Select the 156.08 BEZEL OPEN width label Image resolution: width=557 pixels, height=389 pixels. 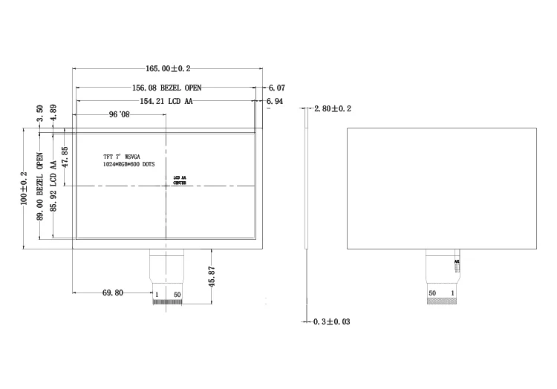point(166,87)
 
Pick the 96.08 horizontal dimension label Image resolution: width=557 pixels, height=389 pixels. point(119,115)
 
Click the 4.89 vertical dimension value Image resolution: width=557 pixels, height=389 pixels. point(53,112)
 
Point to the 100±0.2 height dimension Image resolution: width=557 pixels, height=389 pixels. point(24,188)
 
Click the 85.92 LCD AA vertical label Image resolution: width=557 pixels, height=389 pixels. point(53,186)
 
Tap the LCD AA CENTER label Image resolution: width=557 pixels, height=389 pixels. point(179,180)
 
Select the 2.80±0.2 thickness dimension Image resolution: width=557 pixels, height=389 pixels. point(333,109)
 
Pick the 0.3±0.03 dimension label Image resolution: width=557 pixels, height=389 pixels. point(332,321)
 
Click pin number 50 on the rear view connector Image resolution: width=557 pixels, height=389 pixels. point(432,293)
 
